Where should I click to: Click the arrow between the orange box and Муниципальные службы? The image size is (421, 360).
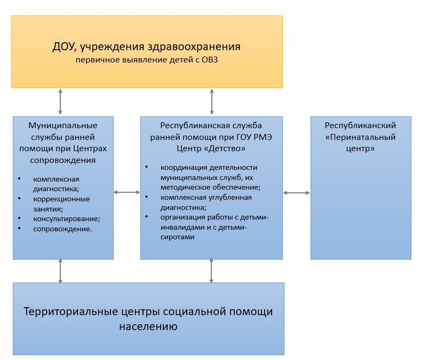(x=60, y=102)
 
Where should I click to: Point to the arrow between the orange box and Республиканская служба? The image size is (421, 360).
(x=212, y=102)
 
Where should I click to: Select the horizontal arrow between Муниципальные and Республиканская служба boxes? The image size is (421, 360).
(x=127, y=192)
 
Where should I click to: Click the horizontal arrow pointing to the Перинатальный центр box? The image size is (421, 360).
(x=297, y=192)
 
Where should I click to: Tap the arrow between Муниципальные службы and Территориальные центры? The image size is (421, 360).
(x=60, y=271)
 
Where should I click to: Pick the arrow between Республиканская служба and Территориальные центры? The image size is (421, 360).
(x=212, y=271)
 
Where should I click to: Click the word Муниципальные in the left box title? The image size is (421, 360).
(x=63, y=126)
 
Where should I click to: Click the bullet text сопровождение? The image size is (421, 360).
(x=62, y=229)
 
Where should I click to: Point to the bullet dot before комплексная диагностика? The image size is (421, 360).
(x=20, y=178)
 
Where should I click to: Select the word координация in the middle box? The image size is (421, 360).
(x=179, y=168)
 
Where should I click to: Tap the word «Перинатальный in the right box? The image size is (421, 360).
(x=360, y=137)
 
